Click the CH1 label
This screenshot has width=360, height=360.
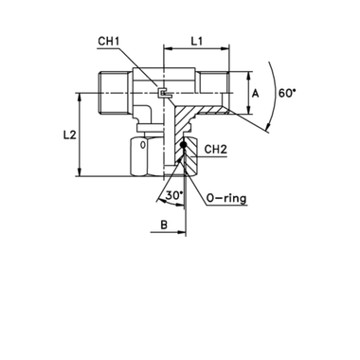point(108,42)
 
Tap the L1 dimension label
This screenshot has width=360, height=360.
point(196,41)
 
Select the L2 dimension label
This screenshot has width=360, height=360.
point(69,135)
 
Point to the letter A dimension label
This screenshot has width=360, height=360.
point(255,94)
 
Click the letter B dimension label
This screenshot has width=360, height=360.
point(164,225)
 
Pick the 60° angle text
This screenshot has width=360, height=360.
point(287,93)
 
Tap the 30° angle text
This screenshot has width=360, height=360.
point(174,195)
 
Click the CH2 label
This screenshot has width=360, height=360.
point(216,150)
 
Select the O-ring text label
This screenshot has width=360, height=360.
point(226,199)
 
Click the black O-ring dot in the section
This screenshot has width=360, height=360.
point(183,145)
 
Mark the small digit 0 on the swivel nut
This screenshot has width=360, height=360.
point(143,145)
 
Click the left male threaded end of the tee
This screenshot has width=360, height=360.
point(115,93)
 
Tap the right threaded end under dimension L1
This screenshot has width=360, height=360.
point(211,82)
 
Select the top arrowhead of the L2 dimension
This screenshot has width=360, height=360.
point(81,98)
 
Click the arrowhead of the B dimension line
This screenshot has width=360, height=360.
point(182,232)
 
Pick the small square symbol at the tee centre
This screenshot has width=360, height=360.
point(163,93)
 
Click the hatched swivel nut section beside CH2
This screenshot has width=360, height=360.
point(189,155)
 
